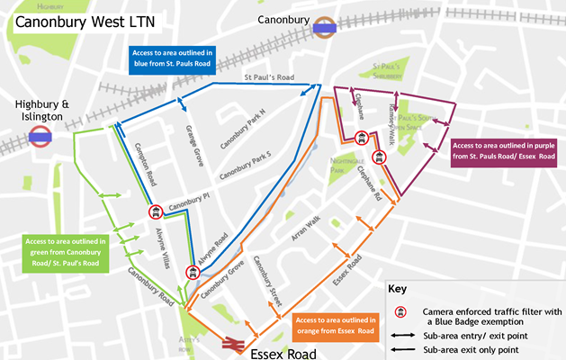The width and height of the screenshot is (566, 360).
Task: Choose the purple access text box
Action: [503, 151]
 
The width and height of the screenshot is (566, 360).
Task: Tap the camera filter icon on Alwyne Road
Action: [192, 273]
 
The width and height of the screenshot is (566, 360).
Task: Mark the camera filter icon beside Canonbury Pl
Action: [155, 212]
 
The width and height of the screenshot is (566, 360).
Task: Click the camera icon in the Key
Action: [397, 312]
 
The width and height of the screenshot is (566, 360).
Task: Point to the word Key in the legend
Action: [398, 291]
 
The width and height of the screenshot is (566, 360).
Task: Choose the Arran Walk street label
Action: [307, 229]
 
